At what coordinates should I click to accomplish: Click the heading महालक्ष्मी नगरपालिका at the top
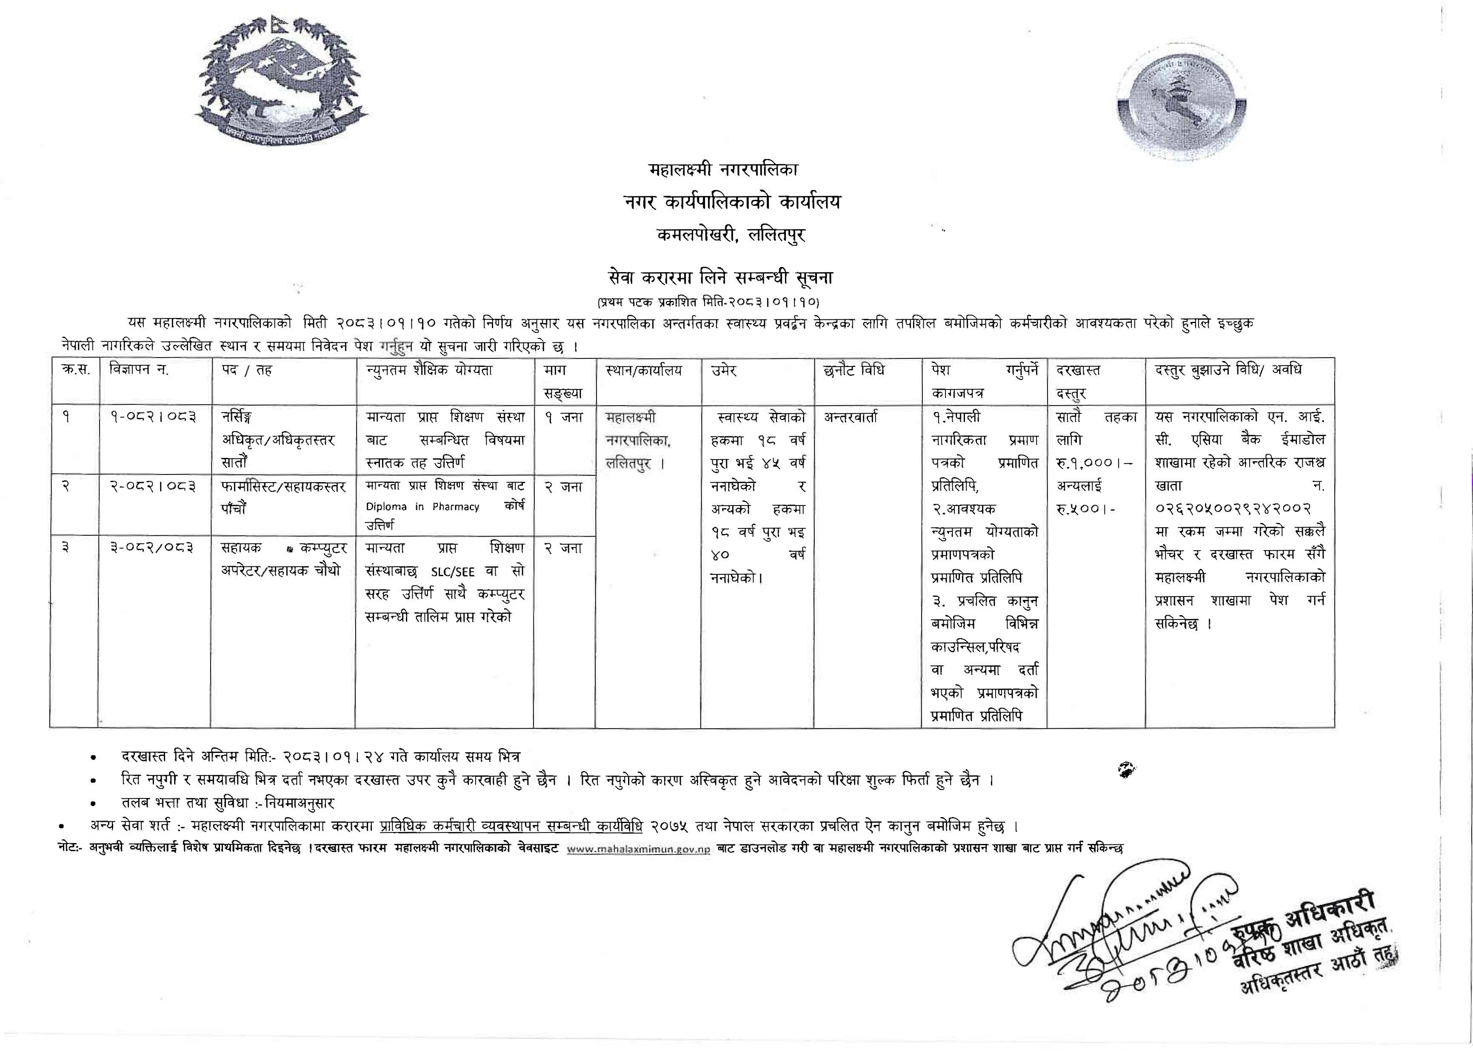723,170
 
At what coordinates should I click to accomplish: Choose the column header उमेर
724,371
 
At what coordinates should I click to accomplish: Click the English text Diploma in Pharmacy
422,507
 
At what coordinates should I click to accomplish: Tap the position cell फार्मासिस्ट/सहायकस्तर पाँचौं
283,497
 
